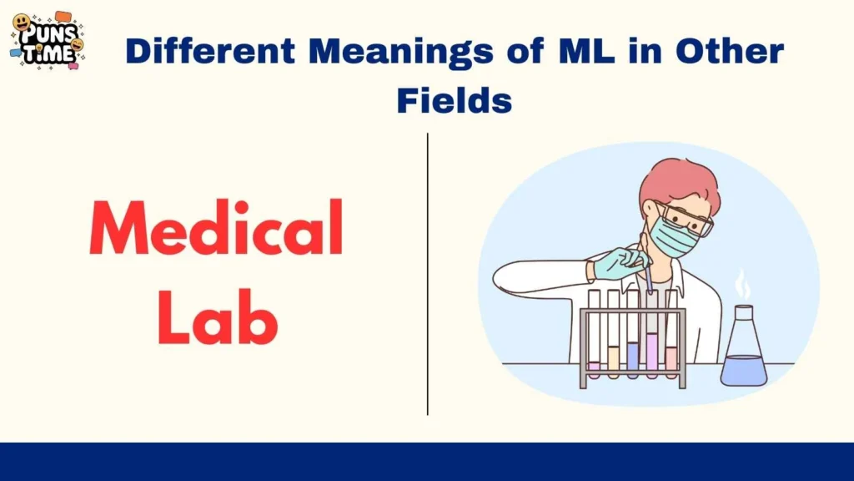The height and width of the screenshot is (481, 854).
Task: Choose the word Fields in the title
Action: coord(454,101)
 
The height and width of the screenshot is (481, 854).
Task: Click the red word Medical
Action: coord(217,227)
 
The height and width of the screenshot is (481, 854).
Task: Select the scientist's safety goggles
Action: coord(686,215)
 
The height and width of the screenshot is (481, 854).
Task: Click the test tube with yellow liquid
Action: coord(613,357)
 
